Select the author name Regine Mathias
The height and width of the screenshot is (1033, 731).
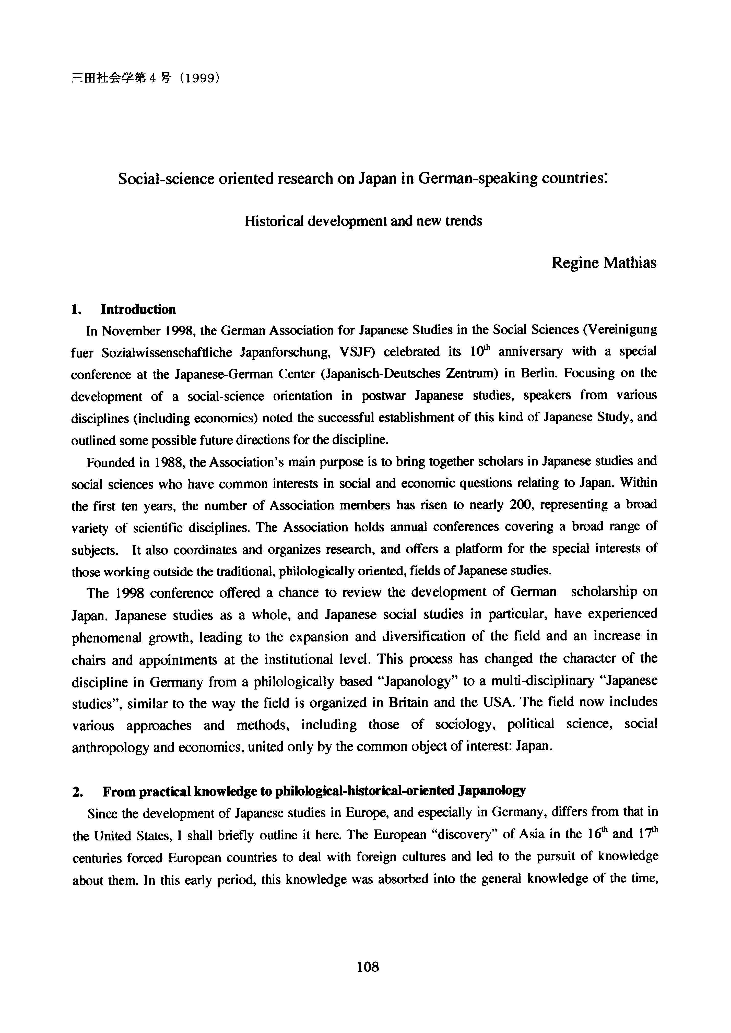click(604, 263)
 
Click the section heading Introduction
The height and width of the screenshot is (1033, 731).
click(138, 309)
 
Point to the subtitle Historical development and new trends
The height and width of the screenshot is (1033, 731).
click(363, 221)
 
